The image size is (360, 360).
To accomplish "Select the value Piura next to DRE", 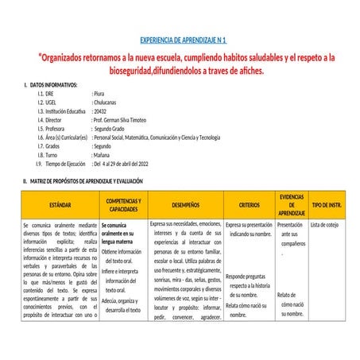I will tap(100, 93).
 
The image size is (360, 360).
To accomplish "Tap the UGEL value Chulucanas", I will tap(108, 102).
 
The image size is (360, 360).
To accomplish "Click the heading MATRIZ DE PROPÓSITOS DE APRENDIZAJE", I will tap(85, 182).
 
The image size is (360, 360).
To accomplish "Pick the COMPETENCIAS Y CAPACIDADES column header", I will tap(123, 205).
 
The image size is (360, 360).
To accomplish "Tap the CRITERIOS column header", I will tap(249, 205).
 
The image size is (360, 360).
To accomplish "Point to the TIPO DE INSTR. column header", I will tap(327, 205).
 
